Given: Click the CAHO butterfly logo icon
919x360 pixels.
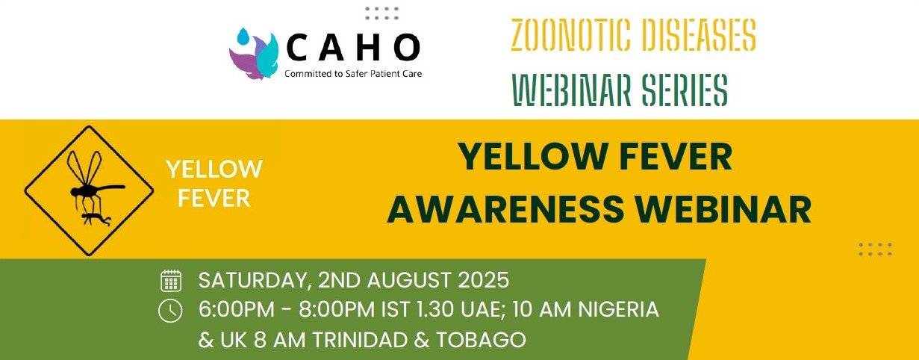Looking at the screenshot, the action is (254, 53).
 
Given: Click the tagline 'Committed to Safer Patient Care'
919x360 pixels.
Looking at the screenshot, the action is (353, 74).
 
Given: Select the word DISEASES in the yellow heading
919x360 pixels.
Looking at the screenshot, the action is (693, 34).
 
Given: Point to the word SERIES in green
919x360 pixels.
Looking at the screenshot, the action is (685, 90).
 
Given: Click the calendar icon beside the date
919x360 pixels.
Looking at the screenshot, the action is (171, 281).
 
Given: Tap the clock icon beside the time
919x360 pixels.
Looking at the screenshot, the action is (170, 311).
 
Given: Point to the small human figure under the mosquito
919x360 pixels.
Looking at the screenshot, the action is (96, 219).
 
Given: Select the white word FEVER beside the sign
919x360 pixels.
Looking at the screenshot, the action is (214, 199).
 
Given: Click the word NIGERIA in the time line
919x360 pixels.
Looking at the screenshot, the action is (618, 309).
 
